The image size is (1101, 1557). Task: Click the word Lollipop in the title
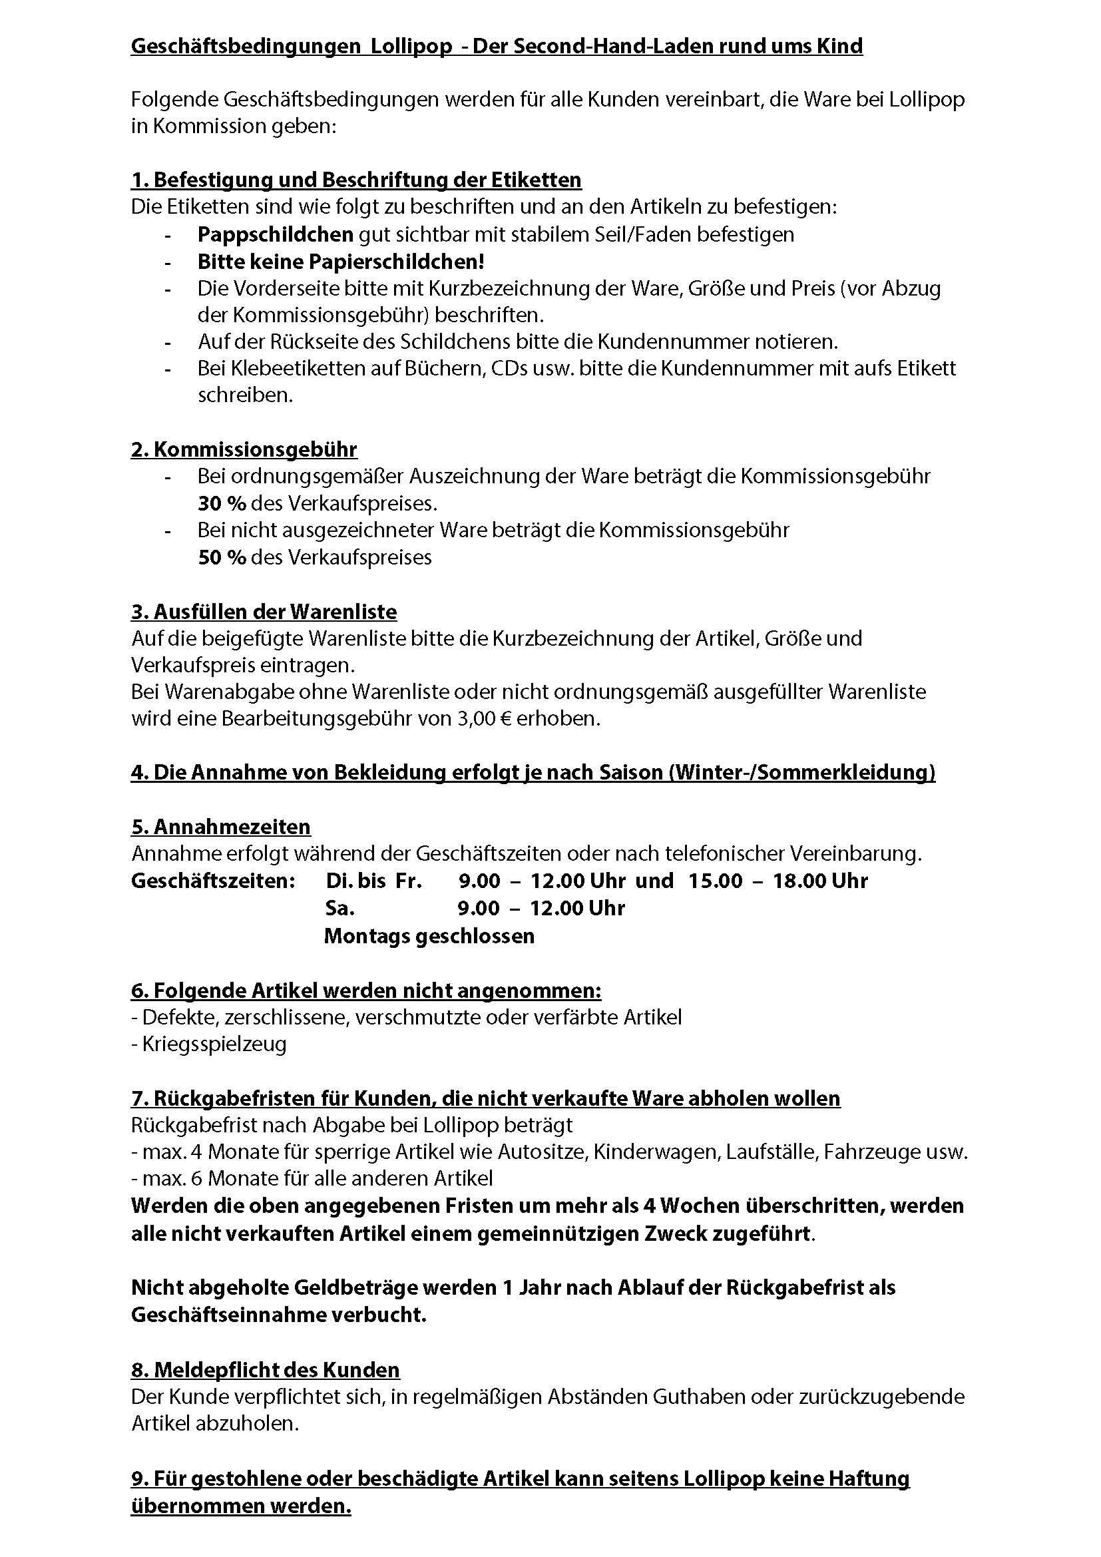tap(411, 46)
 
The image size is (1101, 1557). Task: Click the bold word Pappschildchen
tap(276, 234)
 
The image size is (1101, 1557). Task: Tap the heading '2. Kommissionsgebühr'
tap(244, 449)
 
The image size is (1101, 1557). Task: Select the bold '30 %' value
tap(222, 503)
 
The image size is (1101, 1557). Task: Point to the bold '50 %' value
tap(222, 557)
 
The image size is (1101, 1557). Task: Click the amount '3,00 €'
tap(485, 718)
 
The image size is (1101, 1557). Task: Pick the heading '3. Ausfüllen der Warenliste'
tap(264, 612)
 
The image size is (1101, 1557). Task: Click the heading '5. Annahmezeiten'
tap(221, 827)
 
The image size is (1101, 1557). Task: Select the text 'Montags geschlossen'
tap(429, 936)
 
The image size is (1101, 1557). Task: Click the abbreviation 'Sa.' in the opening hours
tap(339, 908)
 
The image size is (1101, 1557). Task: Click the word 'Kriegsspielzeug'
tap(214, 1044)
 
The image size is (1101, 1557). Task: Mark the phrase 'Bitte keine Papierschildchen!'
tap(341, 262)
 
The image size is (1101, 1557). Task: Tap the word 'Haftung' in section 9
tap(871, 1478)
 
